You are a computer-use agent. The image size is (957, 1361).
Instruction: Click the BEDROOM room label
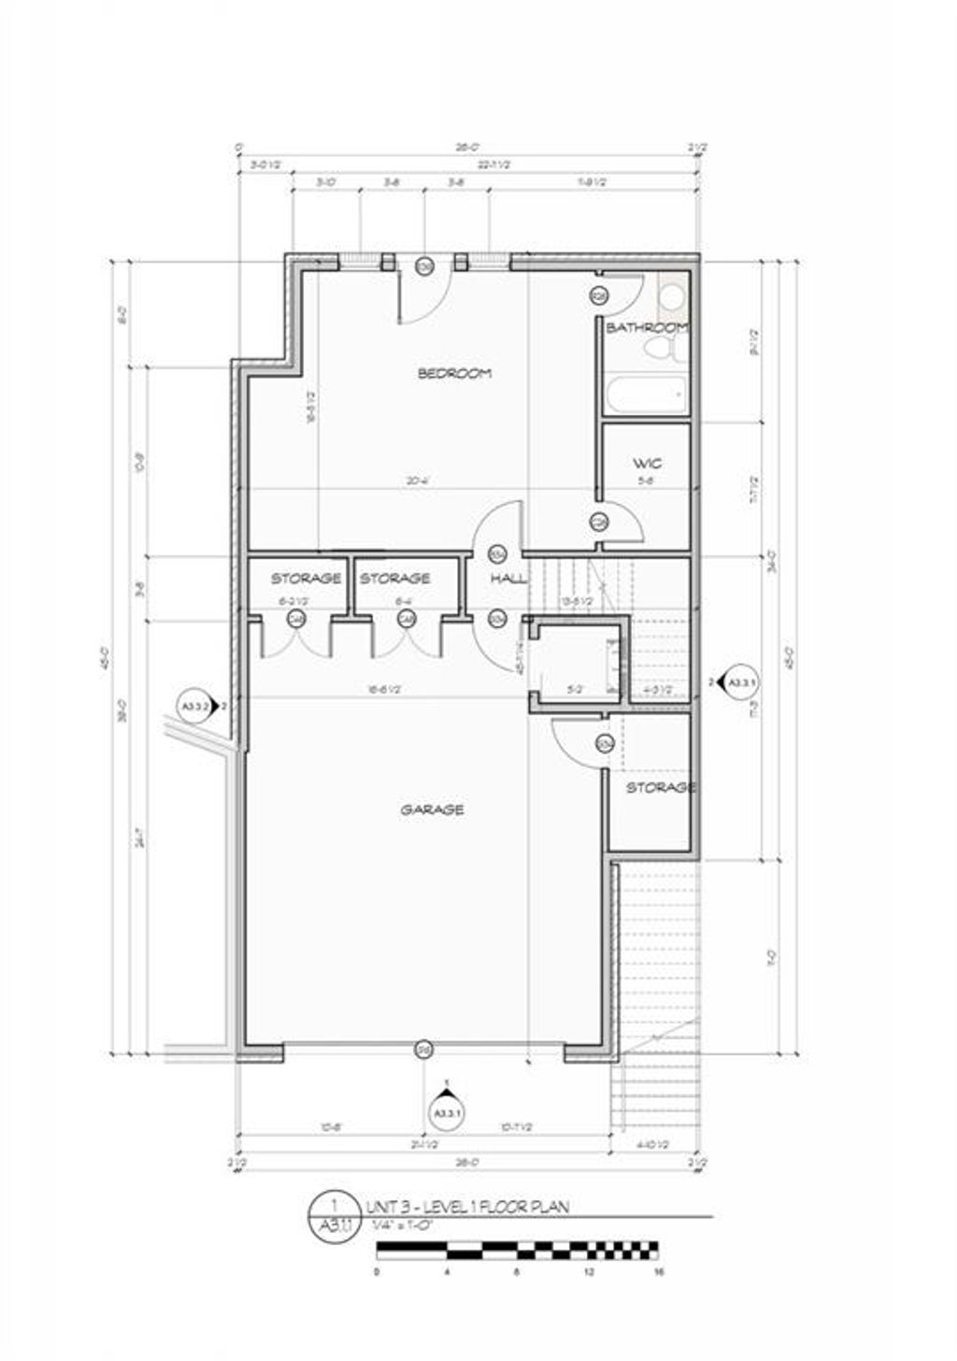454,374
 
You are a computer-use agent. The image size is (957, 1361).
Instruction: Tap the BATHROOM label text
647,328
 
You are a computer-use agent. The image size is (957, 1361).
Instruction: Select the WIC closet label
647,464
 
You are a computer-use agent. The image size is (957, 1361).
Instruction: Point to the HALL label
508,579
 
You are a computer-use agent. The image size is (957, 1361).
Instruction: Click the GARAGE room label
432,809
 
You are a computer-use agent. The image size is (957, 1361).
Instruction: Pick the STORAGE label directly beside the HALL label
394,579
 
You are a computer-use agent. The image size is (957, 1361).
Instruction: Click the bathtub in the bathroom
645,396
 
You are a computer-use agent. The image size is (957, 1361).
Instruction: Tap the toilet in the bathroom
662,351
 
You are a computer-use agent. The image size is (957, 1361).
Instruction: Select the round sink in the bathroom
671,297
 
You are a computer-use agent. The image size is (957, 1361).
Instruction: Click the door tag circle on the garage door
423,1049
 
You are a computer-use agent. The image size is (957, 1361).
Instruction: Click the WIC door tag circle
599,521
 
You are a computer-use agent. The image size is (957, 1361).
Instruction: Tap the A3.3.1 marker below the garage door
447,1112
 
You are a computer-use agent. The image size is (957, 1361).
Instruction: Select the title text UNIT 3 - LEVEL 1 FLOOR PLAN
466,1207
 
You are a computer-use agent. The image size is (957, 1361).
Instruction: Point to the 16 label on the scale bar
659,1272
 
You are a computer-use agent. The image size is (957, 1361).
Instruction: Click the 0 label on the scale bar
377,1272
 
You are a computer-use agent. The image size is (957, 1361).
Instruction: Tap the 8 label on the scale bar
518,1272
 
